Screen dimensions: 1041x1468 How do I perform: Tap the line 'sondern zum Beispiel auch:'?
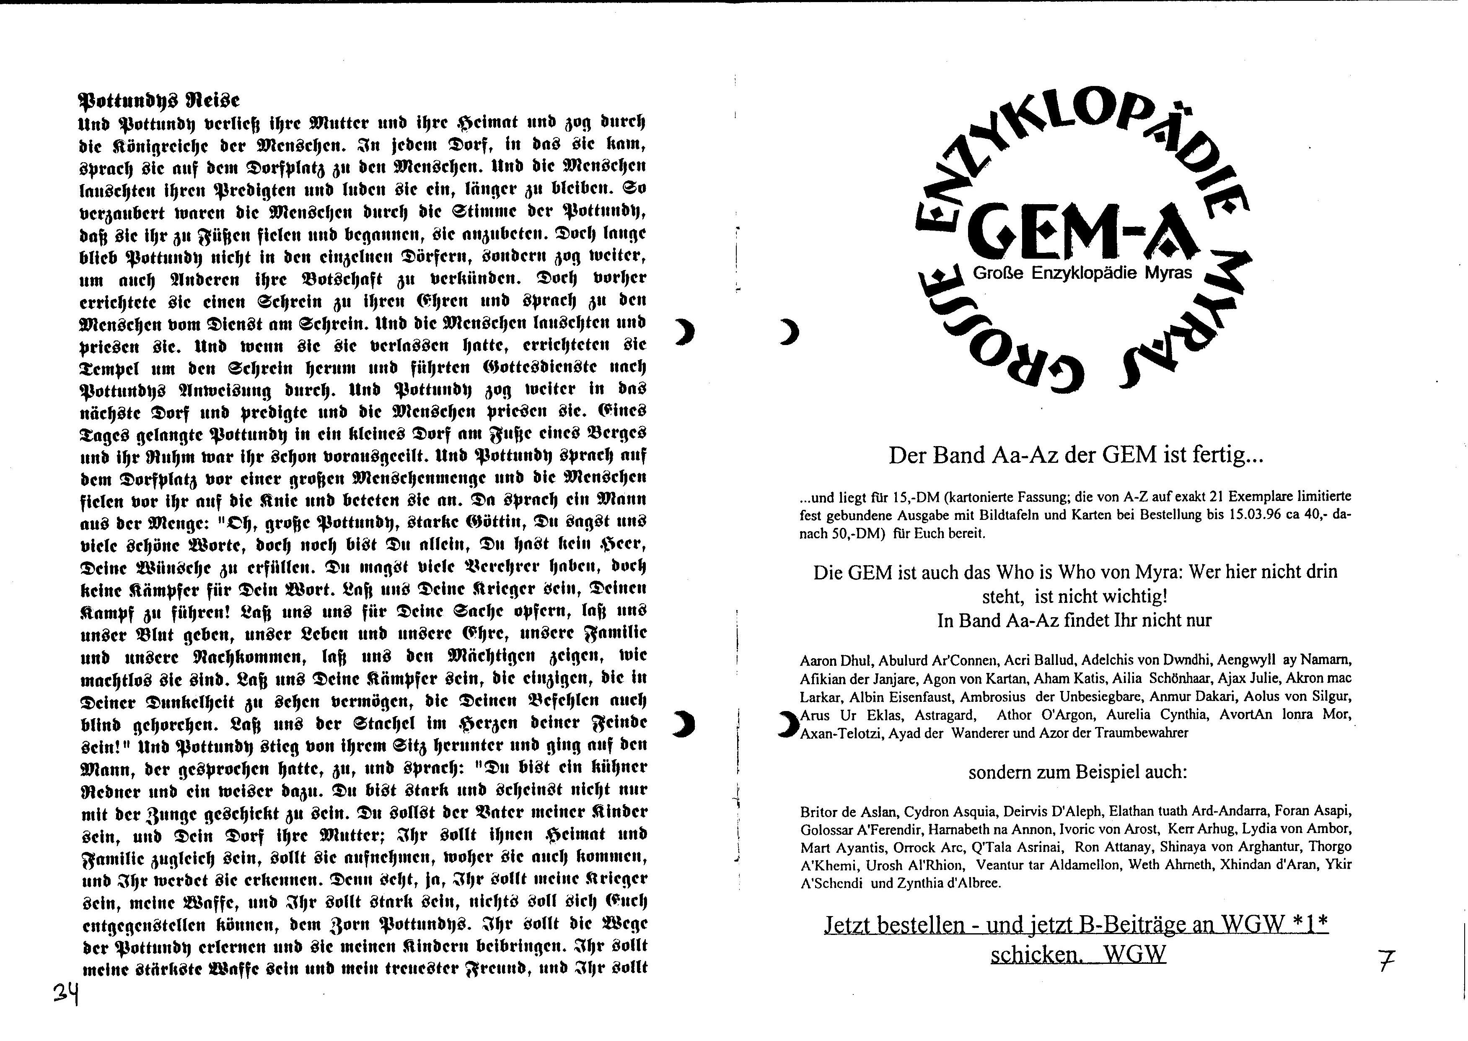pos(1078,772)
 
